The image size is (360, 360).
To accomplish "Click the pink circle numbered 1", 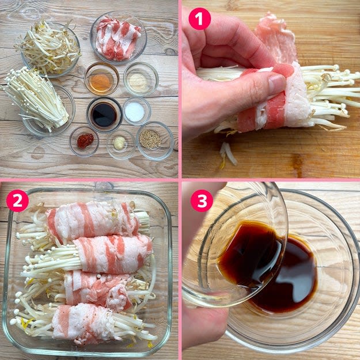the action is pyautogui.click(x=199, y=19).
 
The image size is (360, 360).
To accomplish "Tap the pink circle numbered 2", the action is pyautogui.click(x=17, y=200).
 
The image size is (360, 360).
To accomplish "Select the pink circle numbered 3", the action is pyautogui.click(x=202, y=200).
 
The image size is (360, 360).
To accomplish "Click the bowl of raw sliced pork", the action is pyautogui.click(x=118, y=37).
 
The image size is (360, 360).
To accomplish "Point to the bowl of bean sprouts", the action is pyautogui.click(x=49, y=49).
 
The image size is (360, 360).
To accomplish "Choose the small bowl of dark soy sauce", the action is pyautogui.click(x=104, y=115).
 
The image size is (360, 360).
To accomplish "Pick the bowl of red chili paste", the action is pyautogui.click(x=85, y=141).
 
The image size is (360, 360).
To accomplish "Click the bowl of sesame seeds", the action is pyautogui.click(x=155, y=141).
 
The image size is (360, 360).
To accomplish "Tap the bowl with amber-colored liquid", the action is pyautogui.click(x=101, y=79).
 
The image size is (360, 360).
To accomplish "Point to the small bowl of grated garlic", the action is pyautogui.click(x=120, y=144).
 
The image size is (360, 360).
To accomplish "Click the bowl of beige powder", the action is pyautogui.click(x=141, y=79).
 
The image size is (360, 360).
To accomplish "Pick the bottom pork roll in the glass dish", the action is pyautogui.click(x=83, y=323).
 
